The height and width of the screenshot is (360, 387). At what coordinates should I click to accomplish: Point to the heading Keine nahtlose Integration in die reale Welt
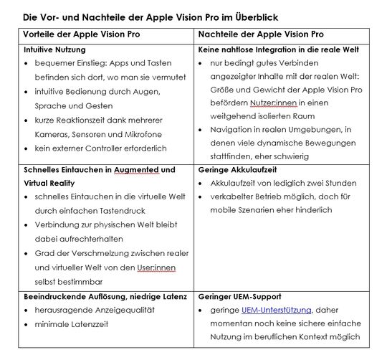point(279,51)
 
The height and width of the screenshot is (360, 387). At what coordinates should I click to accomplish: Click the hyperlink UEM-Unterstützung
point(276,310)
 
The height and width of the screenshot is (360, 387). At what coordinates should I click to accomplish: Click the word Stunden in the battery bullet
point(345,184)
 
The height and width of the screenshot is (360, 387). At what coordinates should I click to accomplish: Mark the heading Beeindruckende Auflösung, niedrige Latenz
point(105,295)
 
